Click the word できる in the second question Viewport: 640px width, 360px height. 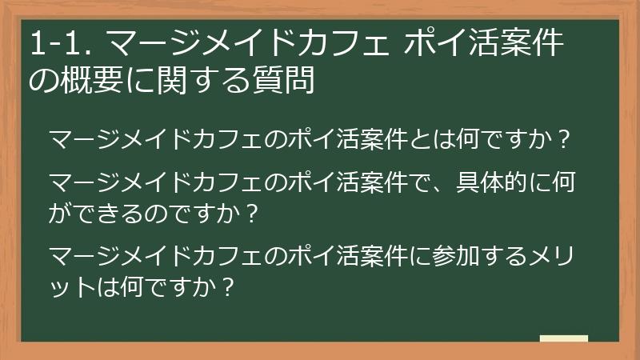coord(110,214)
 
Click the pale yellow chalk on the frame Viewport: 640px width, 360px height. coord(564,339)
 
